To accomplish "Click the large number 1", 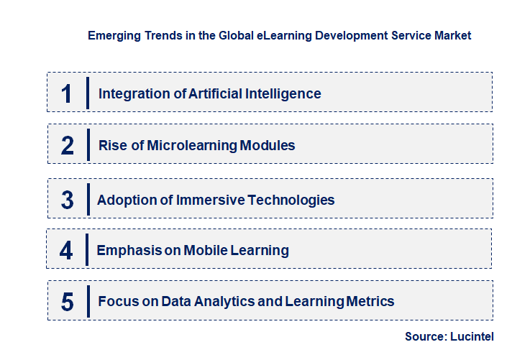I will pyautogui.click(x=66, y=93).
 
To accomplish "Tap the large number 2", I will pyautogui.click(x=67, y=145).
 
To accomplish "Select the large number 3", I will pyautogui.click(x=67, y=200).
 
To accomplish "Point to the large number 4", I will pyautogui.click(x=66, y=251).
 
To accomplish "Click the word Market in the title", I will pyautogui.click(x=452, y=35).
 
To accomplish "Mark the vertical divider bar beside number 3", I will pyautogui.click(x=87, y=199).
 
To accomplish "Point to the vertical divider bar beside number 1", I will pyautogui.click(x=87, y=93).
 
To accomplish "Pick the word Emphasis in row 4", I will pyautogui.click(x=127, y=251).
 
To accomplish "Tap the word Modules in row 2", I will pyautogui.click(x=268, y=145).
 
